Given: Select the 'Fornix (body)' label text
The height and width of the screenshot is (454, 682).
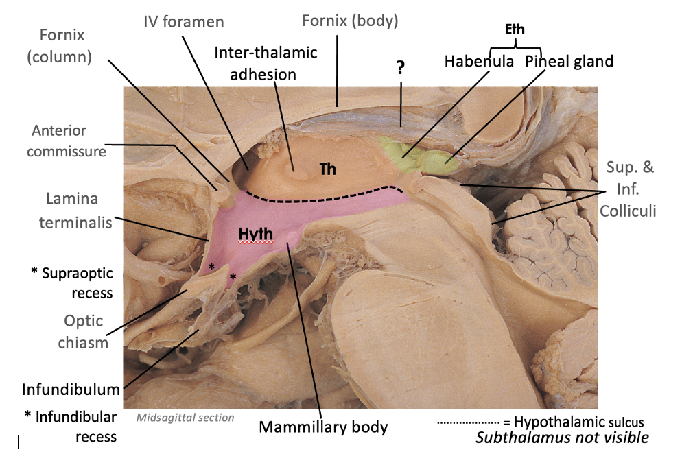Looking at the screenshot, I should [350, 21].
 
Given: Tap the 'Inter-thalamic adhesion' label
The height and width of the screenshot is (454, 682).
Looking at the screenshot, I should [266, 63].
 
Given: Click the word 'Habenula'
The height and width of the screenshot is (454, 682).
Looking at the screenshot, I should [479, 62].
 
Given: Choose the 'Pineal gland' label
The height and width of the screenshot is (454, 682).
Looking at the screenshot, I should [569, 62].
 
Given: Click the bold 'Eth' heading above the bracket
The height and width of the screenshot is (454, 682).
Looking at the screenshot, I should [516, 30].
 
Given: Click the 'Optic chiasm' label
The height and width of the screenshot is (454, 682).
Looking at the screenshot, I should [84, 331].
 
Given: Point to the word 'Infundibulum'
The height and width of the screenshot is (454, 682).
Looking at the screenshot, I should [71, 390].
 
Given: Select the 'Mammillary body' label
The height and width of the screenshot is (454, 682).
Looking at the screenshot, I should [323, 427].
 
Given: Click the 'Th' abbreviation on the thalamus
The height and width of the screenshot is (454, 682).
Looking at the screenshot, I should [327, 168].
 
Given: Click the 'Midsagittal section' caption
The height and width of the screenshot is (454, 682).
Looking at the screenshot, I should [185, 417].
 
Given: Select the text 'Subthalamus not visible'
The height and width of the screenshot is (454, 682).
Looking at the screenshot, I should [562, 438].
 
